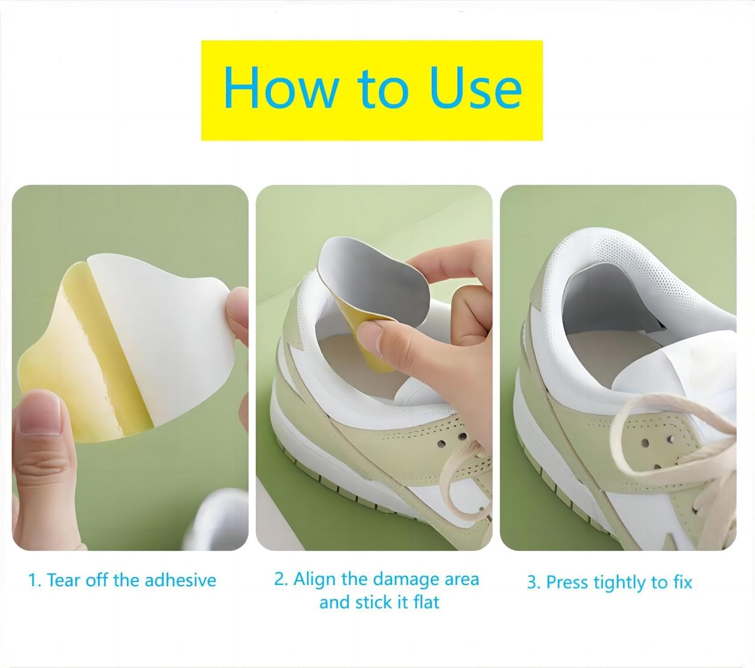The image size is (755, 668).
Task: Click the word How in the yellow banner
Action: coord(281,88)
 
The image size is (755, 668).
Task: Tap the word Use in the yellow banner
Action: coord(475,88)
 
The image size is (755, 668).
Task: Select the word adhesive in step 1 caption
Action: coord(180,580)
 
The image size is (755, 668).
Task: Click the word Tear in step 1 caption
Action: coord(64,580)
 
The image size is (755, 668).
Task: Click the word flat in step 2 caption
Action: coord(426,603)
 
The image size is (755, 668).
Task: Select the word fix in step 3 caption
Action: coord(683,582)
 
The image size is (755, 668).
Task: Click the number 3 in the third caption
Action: coord(533,582)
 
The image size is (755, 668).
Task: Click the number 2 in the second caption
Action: coord(280,579)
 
